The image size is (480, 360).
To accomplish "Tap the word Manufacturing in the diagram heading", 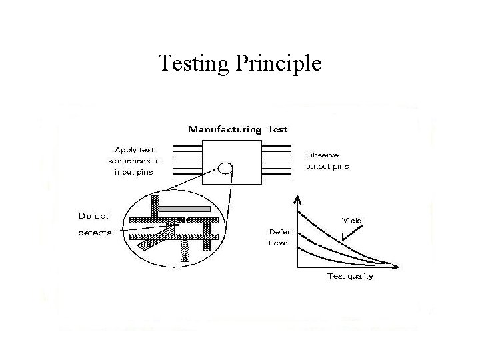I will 225,129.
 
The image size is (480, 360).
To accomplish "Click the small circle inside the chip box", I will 225,169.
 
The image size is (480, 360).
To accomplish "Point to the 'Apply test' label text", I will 135,150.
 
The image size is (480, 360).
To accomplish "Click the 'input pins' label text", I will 134,172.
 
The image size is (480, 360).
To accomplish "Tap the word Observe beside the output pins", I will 323,154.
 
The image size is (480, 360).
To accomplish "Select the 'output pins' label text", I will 327,166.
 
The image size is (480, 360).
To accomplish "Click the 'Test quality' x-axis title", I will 349,277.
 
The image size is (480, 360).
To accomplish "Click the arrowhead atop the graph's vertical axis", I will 298,198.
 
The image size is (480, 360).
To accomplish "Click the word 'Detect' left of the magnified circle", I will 94,215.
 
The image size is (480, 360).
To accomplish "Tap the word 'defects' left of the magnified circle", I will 95,232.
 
